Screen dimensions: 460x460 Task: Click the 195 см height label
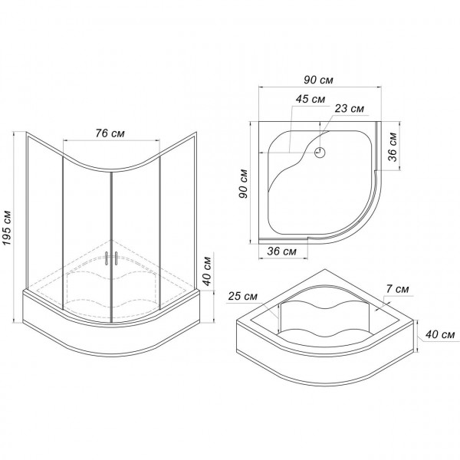(6, 228)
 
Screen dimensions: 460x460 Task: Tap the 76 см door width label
(110, 133)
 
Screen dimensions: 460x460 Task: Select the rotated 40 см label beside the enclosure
(207, 271)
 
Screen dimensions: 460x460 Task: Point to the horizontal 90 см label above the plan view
(318, 80)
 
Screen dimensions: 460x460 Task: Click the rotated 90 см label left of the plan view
(244, 184)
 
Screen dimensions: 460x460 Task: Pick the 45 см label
(310, 99)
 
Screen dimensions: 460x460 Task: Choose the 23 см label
(350, 109)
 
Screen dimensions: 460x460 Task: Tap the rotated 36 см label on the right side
(393, 147)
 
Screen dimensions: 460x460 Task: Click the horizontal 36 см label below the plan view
(282, 251)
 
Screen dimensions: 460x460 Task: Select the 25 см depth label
(243, 296)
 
